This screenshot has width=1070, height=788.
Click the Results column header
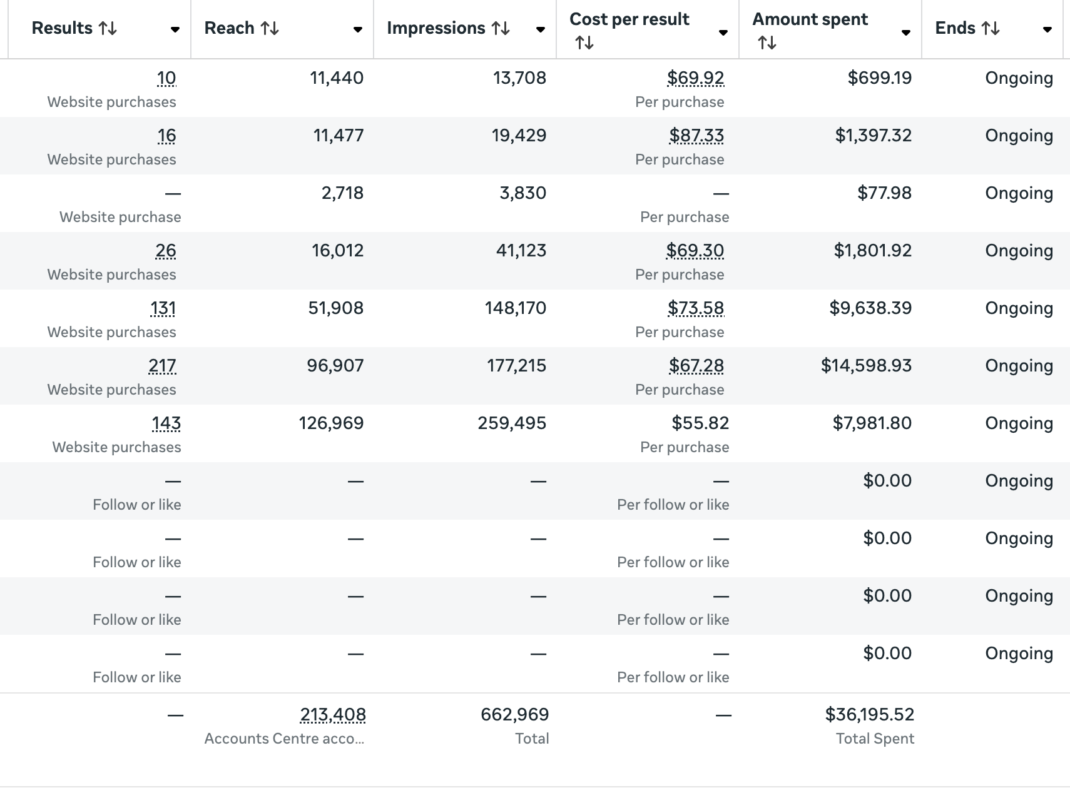click(x=61, y=28)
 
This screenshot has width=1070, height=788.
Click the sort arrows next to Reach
click(x=270, y=29)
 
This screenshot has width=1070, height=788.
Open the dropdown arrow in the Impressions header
click(x=540, y=29)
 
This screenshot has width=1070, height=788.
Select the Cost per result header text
click(x=629, y=19)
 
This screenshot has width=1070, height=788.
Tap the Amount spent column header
click(x=810, y=19)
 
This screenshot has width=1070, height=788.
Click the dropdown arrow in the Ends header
click(x=1047, y=29)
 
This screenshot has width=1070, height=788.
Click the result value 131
click(x=163, y=308)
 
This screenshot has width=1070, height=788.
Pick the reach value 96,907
click(x=335, y=366)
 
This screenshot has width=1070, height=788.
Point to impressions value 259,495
click(x=512, y=423)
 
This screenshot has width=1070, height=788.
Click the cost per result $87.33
click(x=696, y=136)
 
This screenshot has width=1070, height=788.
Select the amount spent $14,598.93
click(x=866, y=366)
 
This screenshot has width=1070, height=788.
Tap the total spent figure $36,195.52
click(x=869, y=714)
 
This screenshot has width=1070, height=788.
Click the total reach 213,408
click(x=333, y=715)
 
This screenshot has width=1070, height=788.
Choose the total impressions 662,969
click(x=514, y=714)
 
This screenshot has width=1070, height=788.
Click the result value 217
click(x=162, y=366)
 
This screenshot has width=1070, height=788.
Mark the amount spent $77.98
click(x=884, y=193)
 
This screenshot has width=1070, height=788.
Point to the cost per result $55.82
click(x=700, y=423)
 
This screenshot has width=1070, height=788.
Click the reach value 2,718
click(x=342, y=193)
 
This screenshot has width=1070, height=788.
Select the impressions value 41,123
click(x=521, y=251)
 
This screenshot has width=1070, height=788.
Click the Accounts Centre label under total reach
click(x=284, y=739)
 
